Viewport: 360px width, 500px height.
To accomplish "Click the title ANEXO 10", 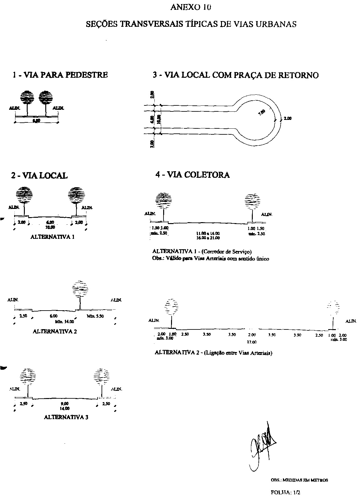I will click(190, 7).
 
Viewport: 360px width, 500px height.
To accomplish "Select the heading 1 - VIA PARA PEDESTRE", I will click(60, 75).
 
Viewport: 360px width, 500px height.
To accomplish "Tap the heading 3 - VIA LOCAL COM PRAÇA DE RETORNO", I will click(235, 75).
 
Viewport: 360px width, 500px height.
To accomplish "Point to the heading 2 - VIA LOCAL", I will click(39, 176).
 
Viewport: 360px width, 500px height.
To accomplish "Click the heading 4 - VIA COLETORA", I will click(192, 175).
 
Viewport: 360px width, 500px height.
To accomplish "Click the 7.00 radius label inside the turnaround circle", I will click(262, 112).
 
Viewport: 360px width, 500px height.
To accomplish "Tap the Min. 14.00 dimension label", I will click(64, 322).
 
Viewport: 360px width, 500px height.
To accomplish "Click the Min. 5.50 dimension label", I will click(95, 316).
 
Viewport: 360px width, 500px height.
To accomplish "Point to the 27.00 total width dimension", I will click(252, 342).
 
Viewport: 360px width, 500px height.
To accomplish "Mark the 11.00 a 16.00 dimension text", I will click(208, 233).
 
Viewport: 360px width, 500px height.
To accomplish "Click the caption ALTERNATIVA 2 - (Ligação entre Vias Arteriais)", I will click(213, 353).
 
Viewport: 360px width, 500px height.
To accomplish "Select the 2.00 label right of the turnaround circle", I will click(287, 119).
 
